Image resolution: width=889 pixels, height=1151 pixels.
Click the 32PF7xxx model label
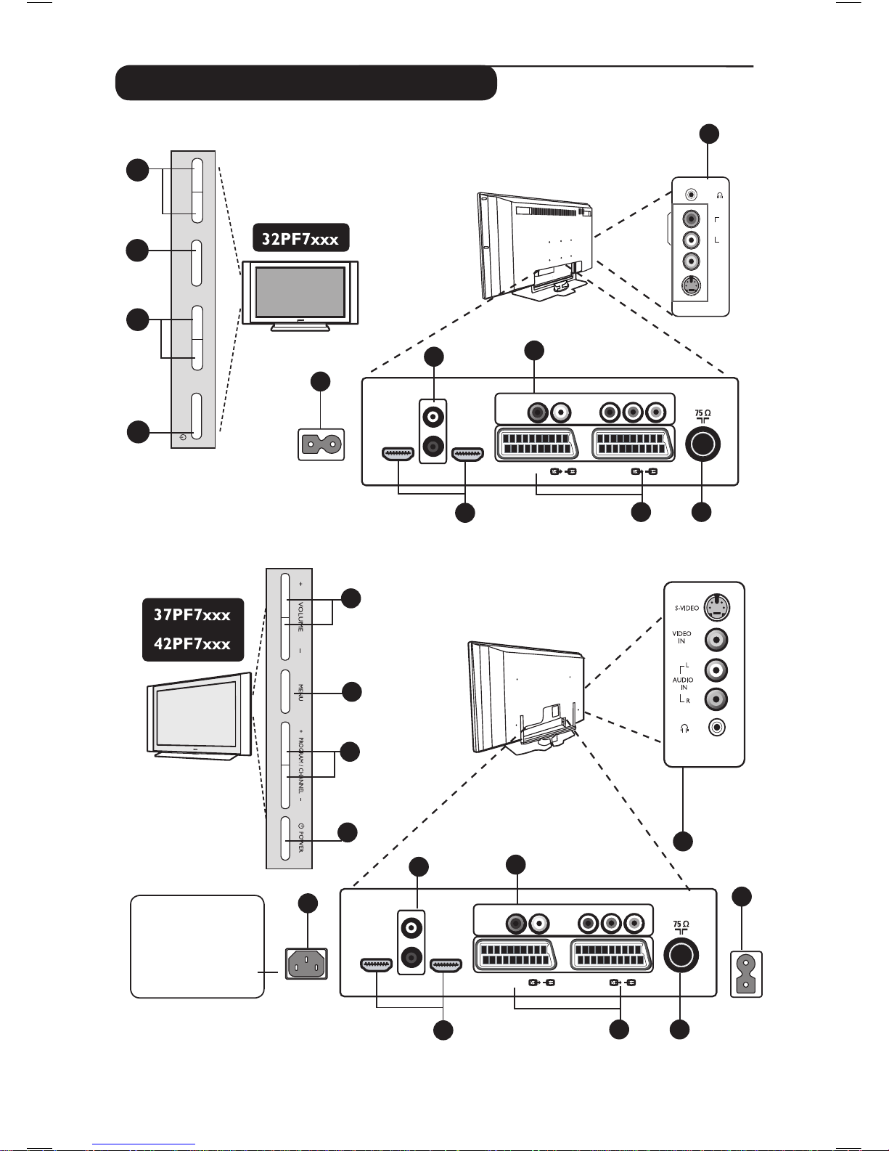tap(300, 238)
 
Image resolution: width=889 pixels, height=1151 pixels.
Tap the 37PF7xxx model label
tap(192, 615)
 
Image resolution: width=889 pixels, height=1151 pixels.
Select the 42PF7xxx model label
tap(192, 644)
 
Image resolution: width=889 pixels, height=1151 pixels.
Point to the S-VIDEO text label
tap(687, 608)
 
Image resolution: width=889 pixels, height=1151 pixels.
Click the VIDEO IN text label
tap(681, 638)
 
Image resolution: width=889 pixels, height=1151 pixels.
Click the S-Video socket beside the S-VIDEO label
tap(717, 607)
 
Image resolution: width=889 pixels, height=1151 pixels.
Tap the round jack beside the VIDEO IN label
tap(717, 639)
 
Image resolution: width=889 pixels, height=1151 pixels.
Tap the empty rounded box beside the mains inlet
tap(197, 946)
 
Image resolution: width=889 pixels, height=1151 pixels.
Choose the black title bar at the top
tap(306, 83)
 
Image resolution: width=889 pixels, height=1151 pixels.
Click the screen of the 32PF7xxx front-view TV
tap(300, 291)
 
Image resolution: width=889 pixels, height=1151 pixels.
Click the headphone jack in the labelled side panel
tap(717, 727)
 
